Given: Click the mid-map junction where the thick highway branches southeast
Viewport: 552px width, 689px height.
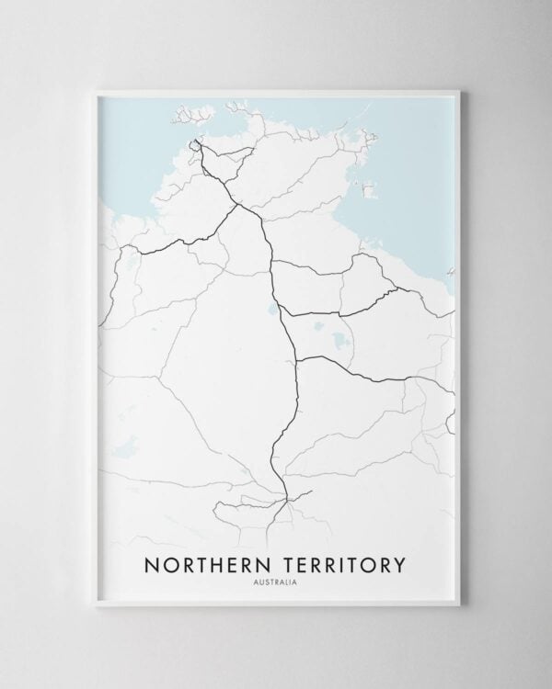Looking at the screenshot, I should pyautogui.click(x=297, y=359).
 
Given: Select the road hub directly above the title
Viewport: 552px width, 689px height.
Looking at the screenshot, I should pyautogui.click(x=287, y=499).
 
